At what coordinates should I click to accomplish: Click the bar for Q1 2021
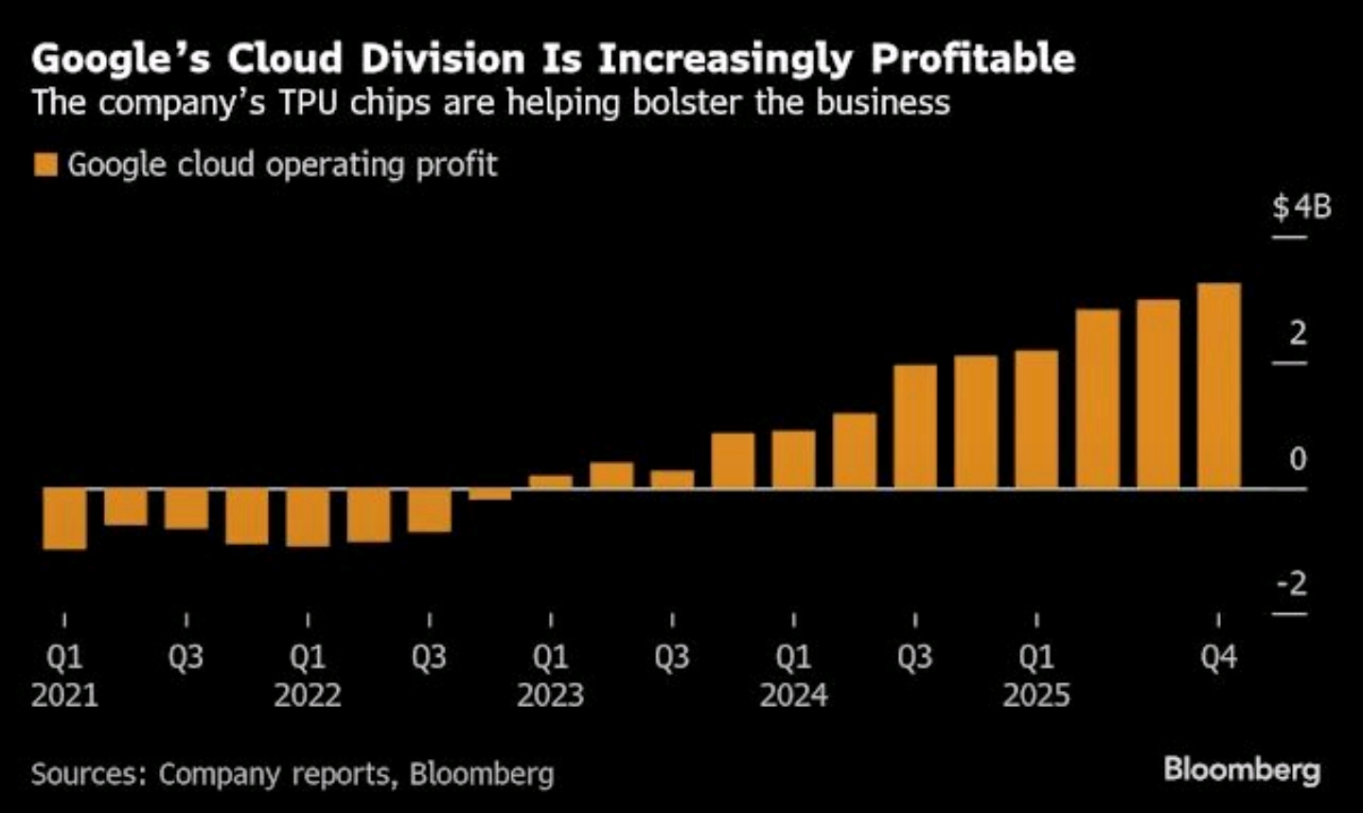64,519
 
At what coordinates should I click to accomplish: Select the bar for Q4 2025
1218,385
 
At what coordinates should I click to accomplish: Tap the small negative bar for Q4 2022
489,494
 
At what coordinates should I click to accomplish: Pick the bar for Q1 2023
550,482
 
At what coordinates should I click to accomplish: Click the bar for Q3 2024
914,426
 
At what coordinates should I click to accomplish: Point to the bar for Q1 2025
1036,419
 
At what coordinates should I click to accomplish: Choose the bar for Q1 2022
308,518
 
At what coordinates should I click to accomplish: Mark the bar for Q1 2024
793,459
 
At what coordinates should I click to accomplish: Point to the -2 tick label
1291,583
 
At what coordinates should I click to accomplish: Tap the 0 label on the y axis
1298,459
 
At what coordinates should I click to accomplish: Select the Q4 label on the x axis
1218,657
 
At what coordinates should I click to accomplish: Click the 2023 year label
550,696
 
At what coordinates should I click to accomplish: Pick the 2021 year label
64,696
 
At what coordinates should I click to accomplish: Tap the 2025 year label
1036,696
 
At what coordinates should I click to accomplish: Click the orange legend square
45,165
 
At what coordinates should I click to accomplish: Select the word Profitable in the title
972,58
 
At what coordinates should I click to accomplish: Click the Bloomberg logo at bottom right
1241,769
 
